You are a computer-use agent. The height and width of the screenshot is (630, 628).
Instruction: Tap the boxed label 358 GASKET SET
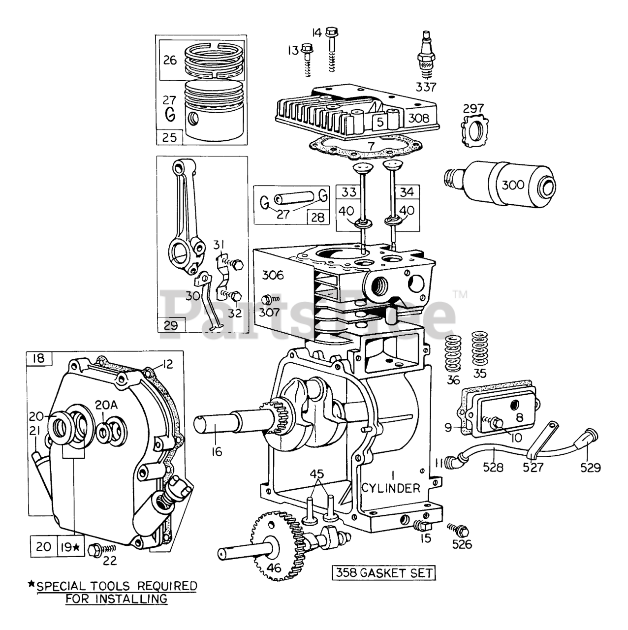(382, 572)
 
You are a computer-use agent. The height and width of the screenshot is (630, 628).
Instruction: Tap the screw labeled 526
(458, 530)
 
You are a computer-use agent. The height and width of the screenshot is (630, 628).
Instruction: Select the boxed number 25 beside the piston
(169, 137)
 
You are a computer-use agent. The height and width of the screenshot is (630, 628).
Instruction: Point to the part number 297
(473, 108)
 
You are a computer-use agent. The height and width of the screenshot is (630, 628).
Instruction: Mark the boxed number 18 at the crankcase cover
(38, 358)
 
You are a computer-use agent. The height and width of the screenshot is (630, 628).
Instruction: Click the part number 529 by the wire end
(590, 467)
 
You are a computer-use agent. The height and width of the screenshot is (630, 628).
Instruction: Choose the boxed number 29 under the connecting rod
(171, 325)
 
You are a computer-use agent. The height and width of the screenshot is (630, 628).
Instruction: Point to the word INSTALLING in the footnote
(136, 599)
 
